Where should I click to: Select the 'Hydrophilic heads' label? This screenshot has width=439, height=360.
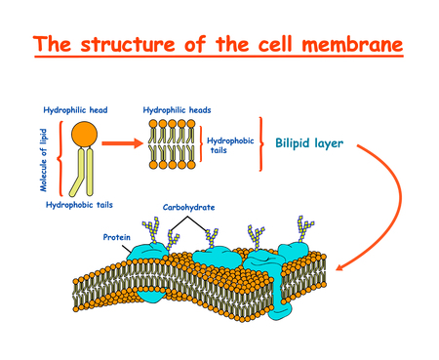pos(177,110)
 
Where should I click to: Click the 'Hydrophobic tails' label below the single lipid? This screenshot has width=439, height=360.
pos(80,206)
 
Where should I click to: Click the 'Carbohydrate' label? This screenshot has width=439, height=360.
pos(189,208)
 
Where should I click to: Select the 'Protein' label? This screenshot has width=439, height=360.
pos(117,236)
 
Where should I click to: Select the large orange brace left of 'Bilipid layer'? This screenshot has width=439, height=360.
pos(261,143)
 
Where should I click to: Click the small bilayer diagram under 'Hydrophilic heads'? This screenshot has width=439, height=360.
pos(175,143)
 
